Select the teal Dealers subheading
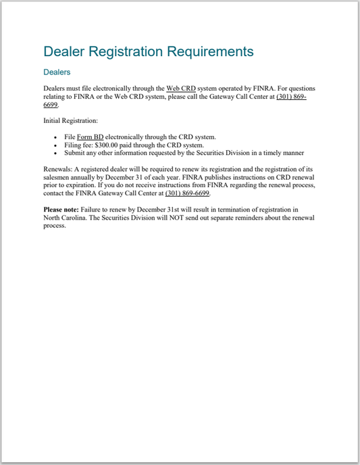tap(57, 72)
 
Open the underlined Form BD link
tap(90, 137)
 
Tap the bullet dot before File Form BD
tap(55, 137)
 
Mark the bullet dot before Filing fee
tap(55, 145)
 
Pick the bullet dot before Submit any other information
tap(55, 153)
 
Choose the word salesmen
tap(57, 177)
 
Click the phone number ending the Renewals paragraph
tap(187, 193)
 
